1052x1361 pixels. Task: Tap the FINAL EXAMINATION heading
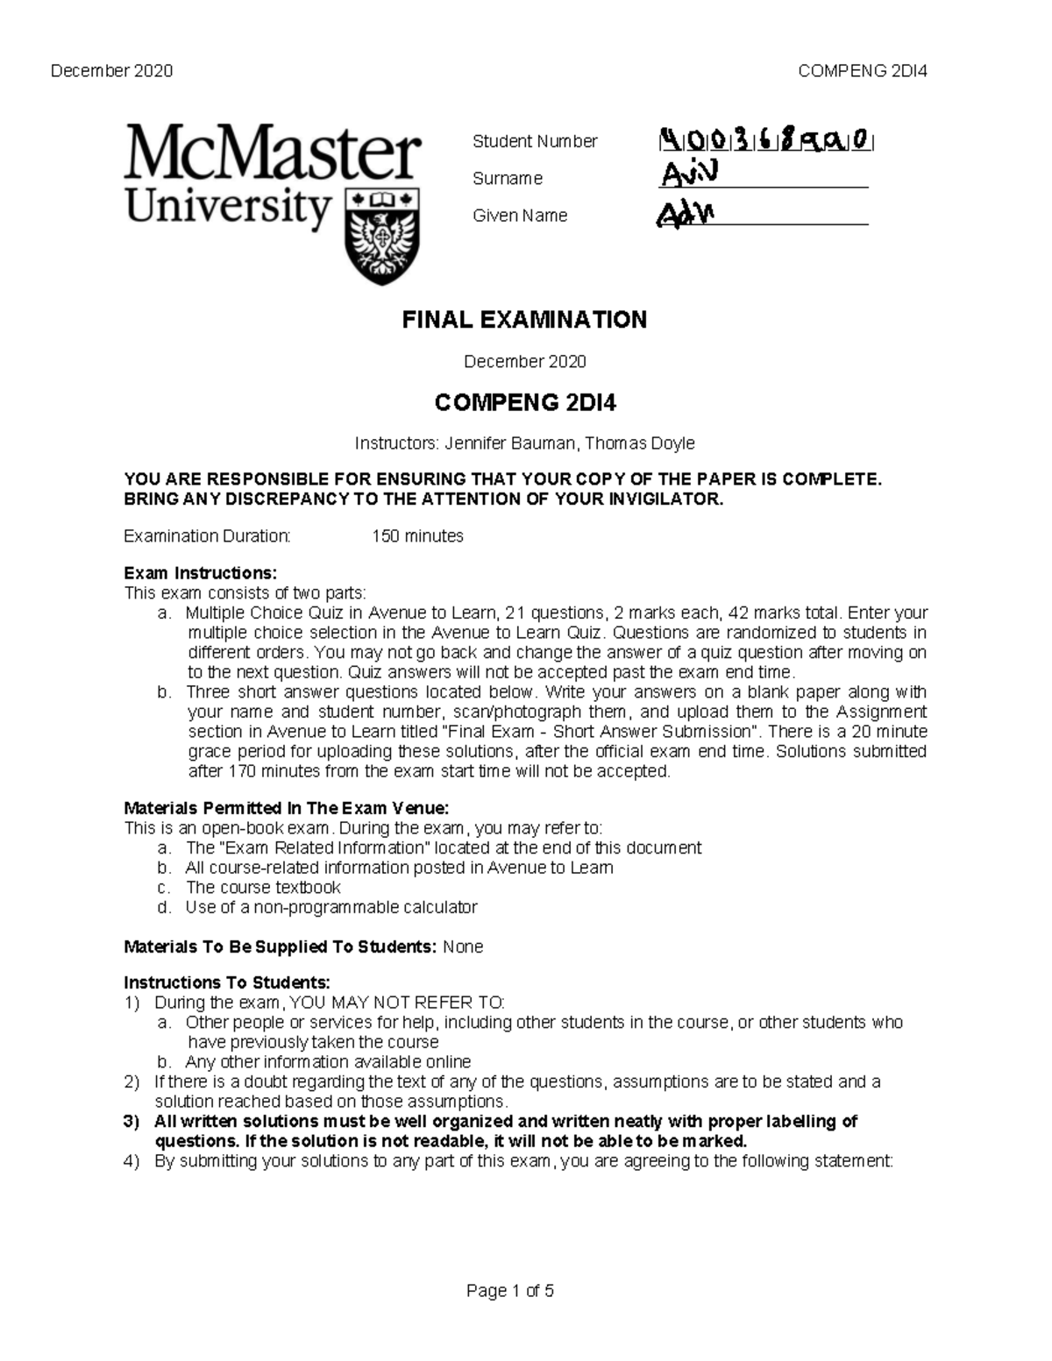click(524, 320)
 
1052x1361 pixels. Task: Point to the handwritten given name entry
click(686, 214)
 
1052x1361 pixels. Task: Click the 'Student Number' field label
click(535, 141)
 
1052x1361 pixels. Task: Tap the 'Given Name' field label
click(520, 216)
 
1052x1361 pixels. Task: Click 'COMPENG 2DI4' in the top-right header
click(863, 71)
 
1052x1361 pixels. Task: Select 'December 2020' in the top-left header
click(111, 71)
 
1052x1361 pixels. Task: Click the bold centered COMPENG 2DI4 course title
click(525, 403)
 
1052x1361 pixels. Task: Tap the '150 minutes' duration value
click(417, 535)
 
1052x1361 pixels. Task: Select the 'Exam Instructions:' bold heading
click(200, 573)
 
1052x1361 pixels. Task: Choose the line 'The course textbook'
click(263, 887)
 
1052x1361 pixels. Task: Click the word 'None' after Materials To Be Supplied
click(463, 946)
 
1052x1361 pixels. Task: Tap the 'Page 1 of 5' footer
click(510, 1291)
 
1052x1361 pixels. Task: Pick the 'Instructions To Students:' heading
click(227, 982)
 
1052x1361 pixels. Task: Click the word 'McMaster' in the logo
click(273, 154)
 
